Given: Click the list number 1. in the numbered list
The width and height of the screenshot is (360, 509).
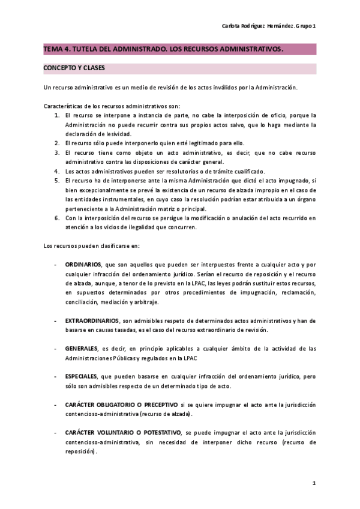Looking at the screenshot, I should pos(57,115).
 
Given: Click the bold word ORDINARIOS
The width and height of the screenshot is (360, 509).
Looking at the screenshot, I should pos(83,264).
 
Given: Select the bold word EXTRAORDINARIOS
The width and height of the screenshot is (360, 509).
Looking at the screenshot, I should pos(92,321).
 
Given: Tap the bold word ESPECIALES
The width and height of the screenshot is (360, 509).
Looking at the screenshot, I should pos(82,376).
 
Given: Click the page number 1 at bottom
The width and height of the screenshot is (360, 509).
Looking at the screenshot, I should pos(314,483).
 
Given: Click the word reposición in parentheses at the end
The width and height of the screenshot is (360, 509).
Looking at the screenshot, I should pos(80,451).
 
